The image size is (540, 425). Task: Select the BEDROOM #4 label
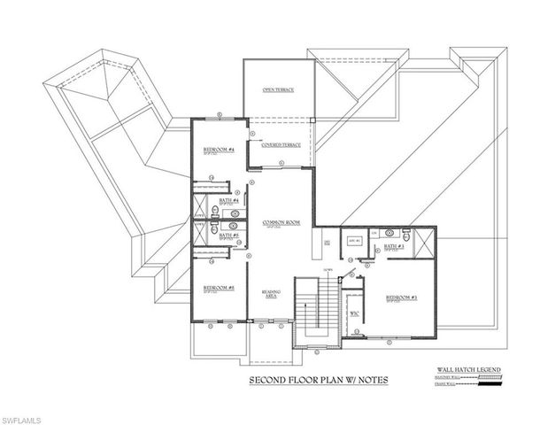coord(218,150)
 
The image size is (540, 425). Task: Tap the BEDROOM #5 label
coord(218,288)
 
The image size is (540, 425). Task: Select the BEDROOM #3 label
coord(402,297)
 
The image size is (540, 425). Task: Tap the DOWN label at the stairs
coord(327,268)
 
